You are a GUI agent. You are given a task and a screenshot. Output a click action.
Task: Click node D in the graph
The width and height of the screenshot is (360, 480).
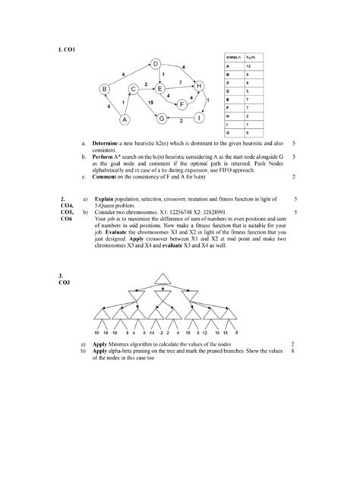click(155, 65)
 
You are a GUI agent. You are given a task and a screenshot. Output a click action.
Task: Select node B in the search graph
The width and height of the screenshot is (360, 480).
click(103, 90)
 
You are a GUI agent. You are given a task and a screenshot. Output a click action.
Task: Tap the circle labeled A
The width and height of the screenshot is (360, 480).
click(124, 119)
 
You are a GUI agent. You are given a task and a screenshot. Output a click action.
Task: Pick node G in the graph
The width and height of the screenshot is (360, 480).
click(161, 118)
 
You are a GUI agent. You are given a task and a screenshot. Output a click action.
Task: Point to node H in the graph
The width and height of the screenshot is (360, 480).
click(200, 87)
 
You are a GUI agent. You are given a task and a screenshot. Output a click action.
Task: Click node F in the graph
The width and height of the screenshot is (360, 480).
click(182, 103)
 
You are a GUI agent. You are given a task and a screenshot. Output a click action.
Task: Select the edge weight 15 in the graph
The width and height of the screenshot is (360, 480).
click(151, 101)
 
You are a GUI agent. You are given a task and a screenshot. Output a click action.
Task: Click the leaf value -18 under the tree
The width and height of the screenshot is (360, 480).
click(115, 332)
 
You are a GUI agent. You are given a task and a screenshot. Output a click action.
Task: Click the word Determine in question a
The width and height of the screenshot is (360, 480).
click(107, 142)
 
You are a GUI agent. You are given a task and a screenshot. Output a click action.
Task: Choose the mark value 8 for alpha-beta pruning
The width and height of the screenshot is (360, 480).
click(292, 352)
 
